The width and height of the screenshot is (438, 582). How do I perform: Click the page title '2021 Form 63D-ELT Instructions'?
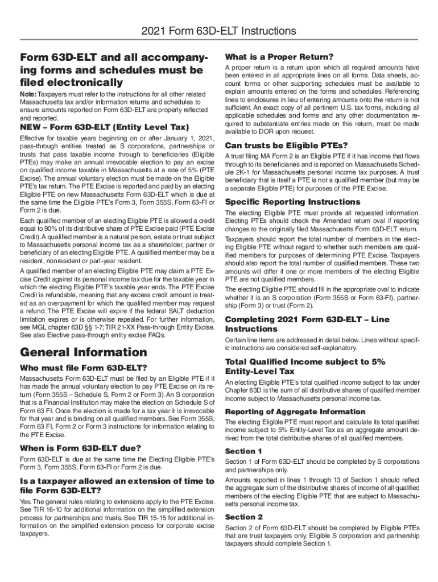[219, 31]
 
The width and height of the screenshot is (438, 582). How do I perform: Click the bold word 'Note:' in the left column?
[28, 94]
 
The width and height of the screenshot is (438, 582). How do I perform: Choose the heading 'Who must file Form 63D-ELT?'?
[84, 367]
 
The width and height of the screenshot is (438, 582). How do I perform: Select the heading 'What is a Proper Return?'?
[279, 57]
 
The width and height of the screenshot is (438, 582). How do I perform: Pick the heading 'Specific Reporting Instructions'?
[292, 202]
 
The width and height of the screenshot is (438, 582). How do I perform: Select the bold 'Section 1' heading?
[244, 451]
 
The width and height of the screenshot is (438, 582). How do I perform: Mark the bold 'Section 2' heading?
[244, 517]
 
